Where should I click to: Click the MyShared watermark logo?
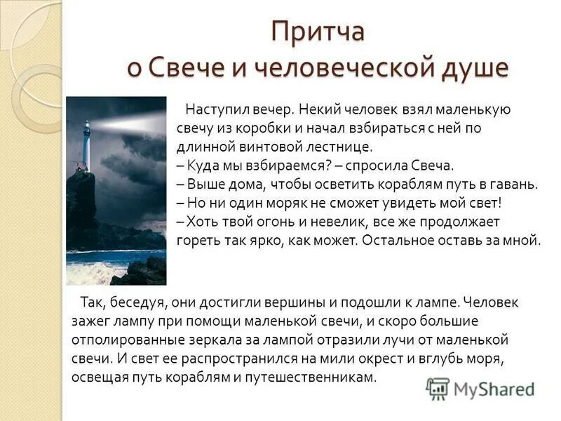480,389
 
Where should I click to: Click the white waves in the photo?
91,270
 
